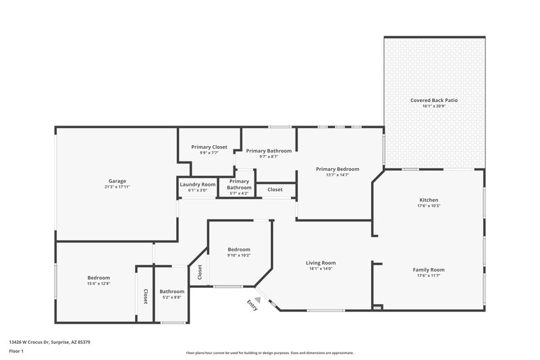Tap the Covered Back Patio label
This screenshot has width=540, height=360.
tap(434, 100)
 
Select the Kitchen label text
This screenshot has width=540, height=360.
tap(429, 200)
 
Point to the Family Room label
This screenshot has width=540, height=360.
tap(429, 269)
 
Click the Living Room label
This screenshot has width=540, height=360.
tap(321, 263)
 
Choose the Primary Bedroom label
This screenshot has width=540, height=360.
tap(337, 169)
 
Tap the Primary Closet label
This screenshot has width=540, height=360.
tap(209, 147)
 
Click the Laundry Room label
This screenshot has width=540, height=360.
tap(198, 184)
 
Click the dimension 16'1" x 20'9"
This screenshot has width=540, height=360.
tap(434, 106)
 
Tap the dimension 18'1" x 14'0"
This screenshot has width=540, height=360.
tap(321, 269)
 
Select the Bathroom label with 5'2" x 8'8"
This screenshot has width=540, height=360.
tap(172, 291)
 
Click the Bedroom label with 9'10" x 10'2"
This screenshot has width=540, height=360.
tap(239, 249)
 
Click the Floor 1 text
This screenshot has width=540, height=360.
tap(16, 351)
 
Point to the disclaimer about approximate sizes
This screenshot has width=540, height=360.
tap(269, 353)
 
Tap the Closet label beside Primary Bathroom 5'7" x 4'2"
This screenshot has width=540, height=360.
tap(275, 190)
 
